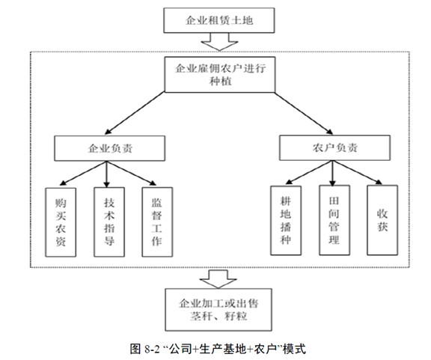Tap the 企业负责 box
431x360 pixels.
click(x=108, y=147)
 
